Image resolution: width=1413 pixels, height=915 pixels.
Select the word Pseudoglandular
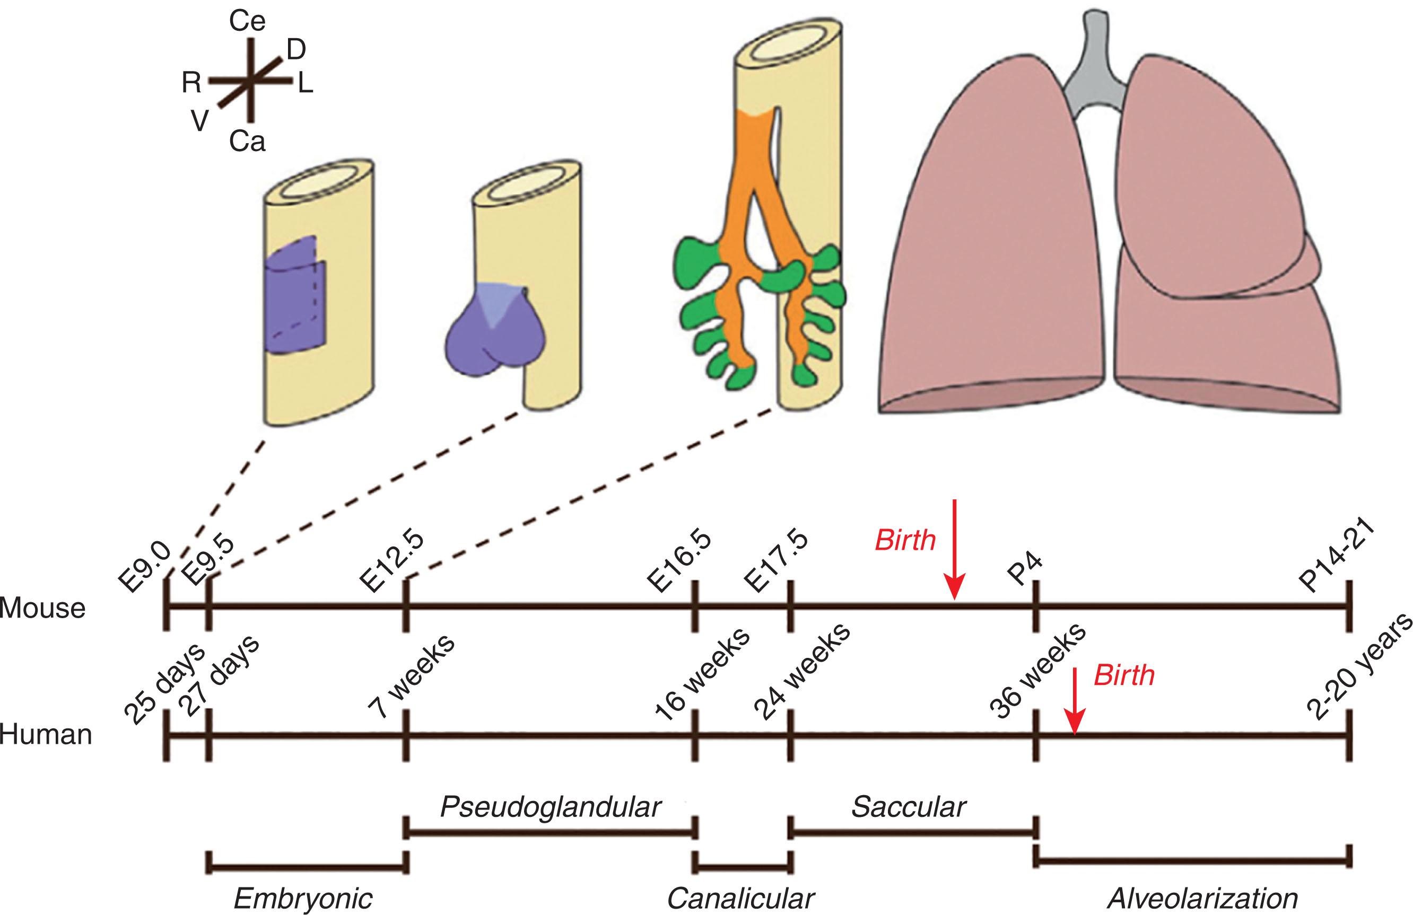pos(551,807)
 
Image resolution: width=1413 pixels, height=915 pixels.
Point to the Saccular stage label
pos(909,807)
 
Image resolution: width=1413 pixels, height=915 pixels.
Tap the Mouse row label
pos(43,608)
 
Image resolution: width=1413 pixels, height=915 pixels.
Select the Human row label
pos(46,735)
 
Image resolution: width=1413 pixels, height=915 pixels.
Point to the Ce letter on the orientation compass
pos(247,22)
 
